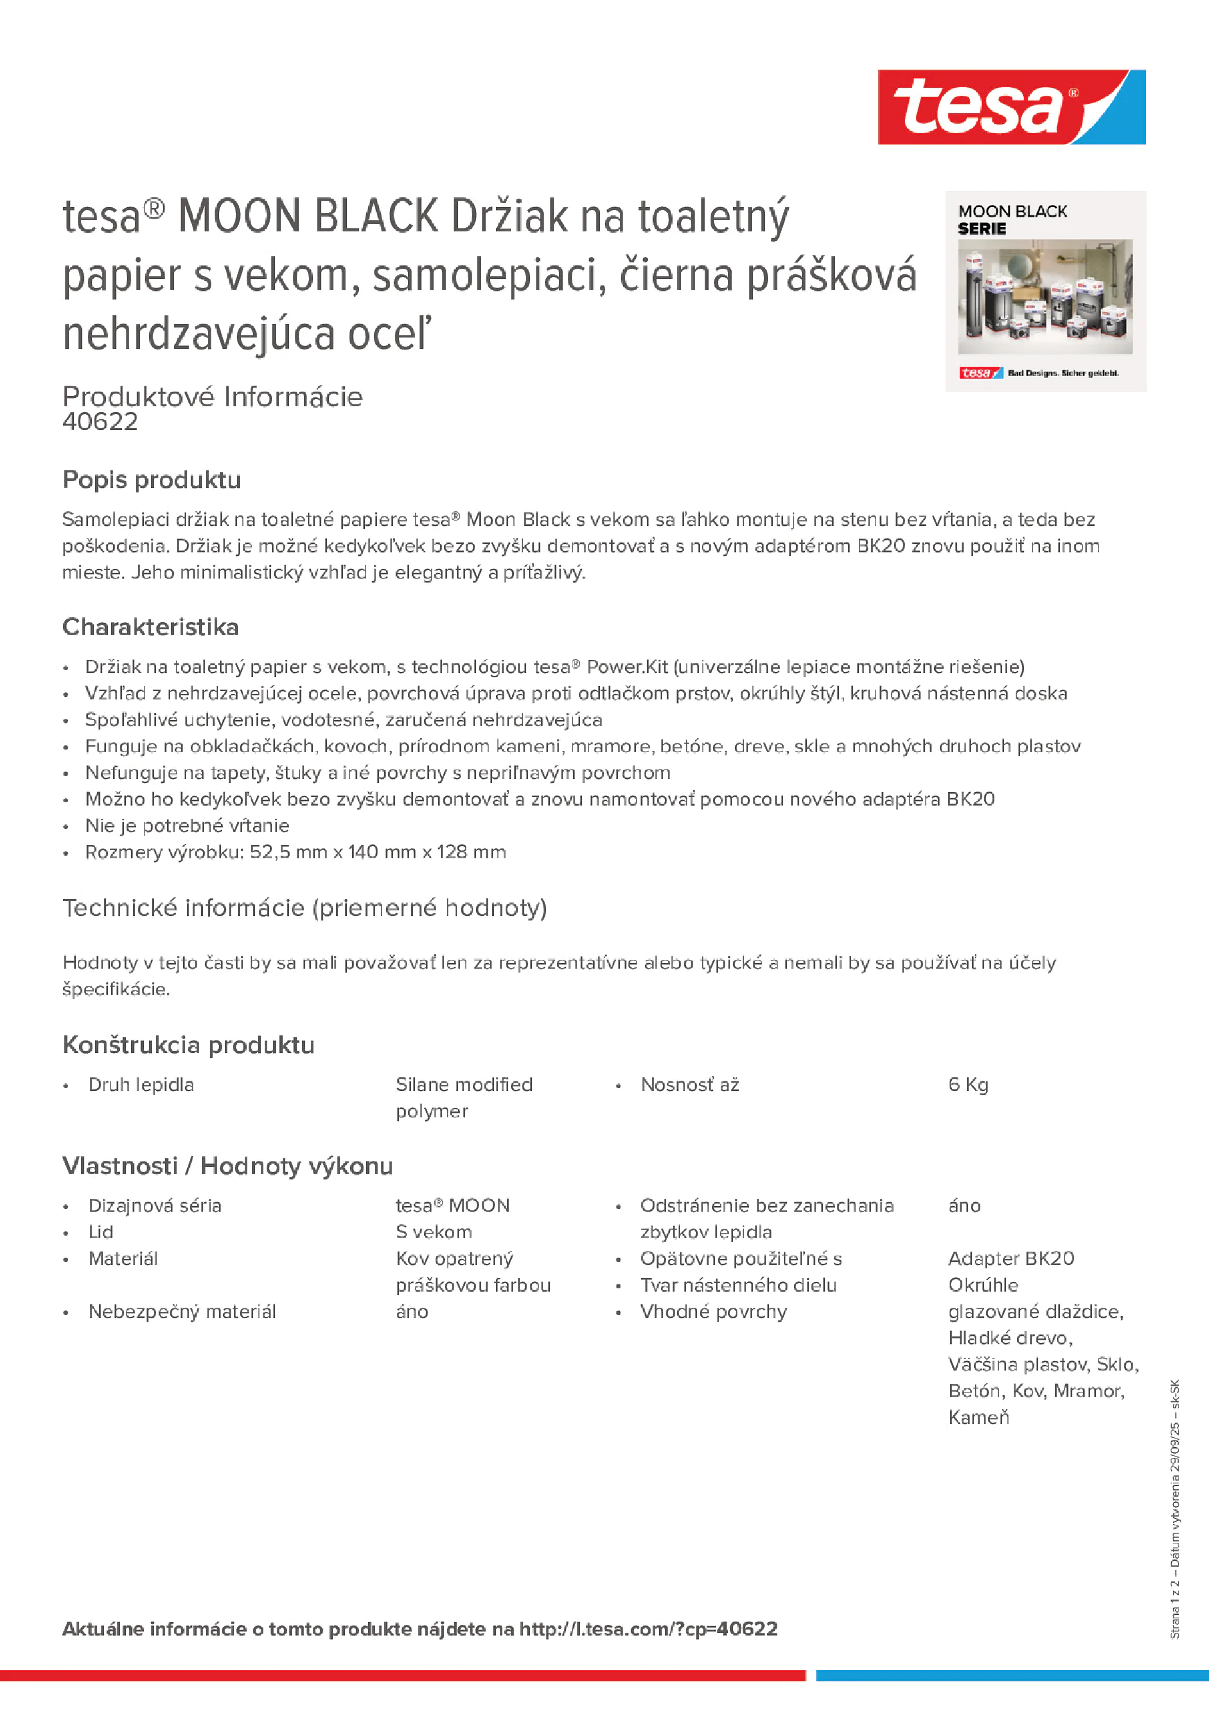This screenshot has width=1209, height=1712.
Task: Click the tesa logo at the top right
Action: (1011, 108)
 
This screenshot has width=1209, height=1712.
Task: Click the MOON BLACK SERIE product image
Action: (1045, 292)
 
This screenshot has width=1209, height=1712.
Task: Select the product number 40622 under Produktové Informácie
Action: (101, 422)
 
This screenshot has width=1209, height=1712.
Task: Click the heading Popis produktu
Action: (151, 479)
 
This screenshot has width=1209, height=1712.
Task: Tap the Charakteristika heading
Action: (151, 627)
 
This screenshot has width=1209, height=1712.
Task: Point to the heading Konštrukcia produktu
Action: (188, 1045)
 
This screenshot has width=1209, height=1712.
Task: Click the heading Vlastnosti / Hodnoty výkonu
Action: (227, 1165)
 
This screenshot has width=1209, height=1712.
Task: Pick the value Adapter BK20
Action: (1011, 1259)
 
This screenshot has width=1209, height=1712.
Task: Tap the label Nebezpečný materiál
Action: (182, 1311)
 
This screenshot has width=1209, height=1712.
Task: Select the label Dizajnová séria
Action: (154, 1206)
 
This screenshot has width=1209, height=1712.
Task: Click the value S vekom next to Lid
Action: (433, 1232)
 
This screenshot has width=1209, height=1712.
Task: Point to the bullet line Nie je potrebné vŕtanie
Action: (187, 826)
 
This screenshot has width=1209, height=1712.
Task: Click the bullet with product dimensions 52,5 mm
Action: (295, 852)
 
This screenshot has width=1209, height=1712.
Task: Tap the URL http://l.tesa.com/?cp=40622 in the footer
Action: (648, 1629)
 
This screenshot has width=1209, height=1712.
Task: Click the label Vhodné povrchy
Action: (713, 1311)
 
